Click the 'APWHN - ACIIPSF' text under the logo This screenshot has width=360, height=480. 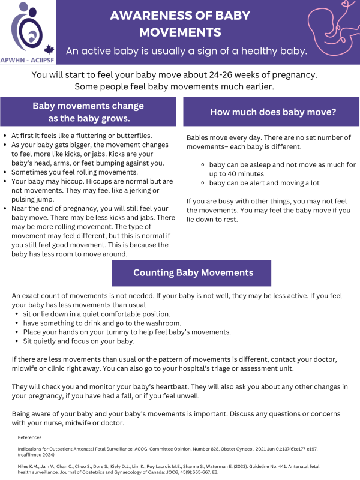click(28, 60)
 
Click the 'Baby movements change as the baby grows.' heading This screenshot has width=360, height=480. click(88, 112)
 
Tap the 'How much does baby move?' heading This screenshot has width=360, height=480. click(272, 112)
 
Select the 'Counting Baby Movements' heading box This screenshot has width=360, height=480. click(193, 272)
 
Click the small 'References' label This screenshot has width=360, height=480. click(31, 437)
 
